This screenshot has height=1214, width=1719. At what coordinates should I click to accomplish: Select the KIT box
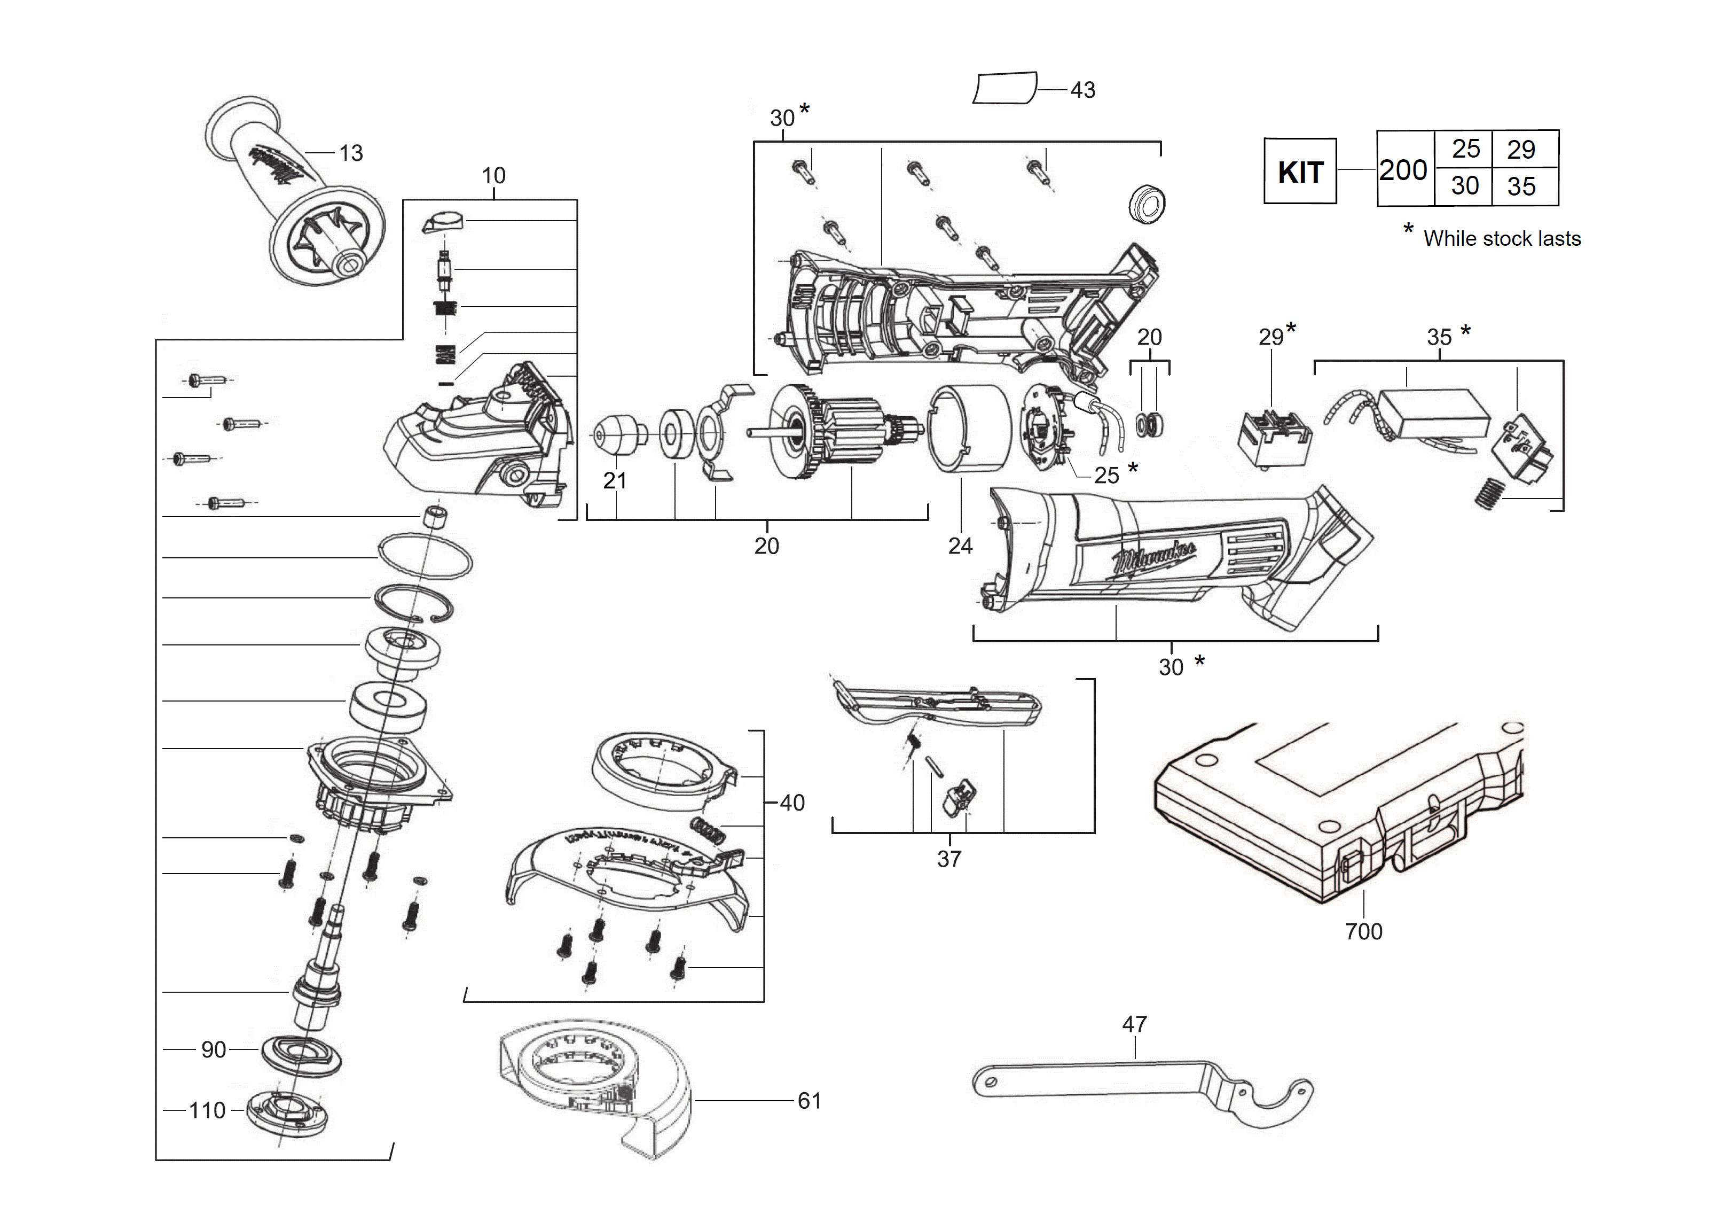pyautogui.click(x=1300, y=171)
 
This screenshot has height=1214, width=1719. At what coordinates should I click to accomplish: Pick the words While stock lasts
pyautogui.click(x=1502, y=239)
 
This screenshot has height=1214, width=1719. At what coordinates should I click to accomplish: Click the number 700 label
pyautogui.click(x=1363, y=932)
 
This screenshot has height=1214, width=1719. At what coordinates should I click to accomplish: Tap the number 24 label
pyautogui.click(x=960, y=546)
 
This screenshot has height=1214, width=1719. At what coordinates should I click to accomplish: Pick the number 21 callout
pyautogui.click(x=615, y=481)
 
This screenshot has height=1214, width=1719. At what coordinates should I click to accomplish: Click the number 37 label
pyautogui.click(x=949, y=859)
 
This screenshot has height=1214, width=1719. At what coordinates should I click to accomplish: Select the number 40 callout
pyautogui.click(x=792, y=803)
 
